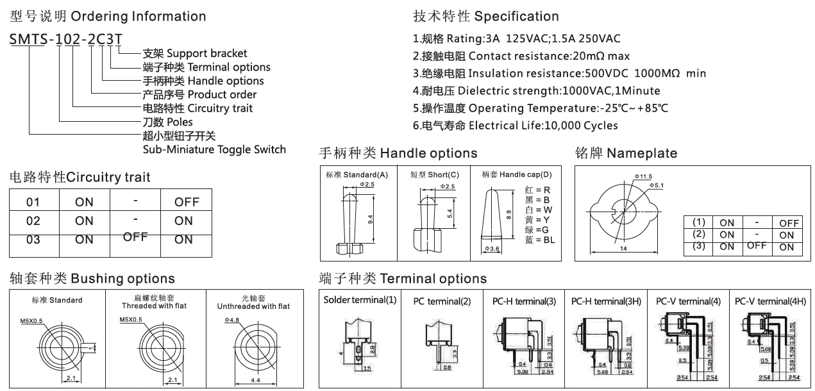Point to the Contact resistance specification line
521,56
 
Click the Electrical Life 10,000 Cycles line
516,125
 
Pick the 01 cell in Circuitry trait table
33,202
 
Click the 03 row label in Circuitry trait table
33,240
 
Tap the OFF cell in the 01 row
187,202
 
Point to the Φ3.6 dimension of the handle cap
492,248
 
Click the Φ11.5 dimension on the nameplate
643,176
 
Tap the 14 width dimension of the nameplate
623,249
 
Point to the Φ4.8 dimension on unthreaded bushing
231,319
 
